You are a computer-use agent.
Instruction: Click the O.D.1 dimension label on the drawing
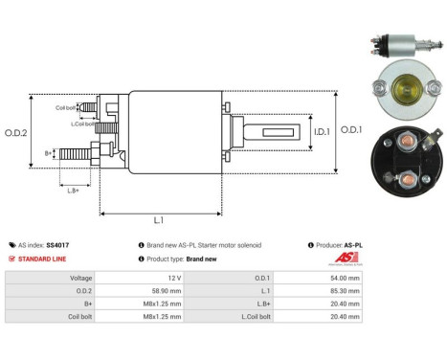351,130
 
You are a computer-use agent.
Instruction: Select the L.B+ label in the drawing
73,191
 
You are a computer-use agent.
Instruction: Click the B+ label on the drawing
49,152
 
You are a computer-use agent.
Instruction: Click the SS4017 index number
57,245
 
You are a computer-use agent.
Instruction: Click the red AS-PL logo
353,259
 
